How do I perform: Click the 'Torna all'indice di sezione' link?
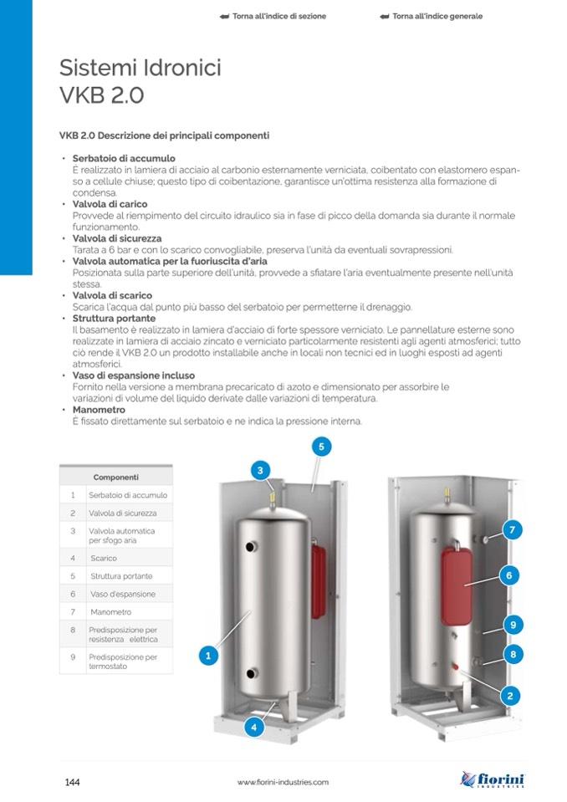pyautogui.click(x=273, y=16)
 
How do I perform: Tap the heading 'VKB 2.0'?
pyautogui.click(x=102, y=95)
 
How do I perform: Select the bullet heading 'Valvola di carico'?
pyautogui.click(x=110, y=204)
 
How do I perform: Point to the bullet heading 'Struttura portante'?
pyautogui.click(x=114, y=319)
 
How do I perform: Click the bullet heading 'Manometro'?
pyautogui.click(x=99, y=411)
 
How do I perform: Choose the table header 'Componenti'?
pyautogui.click(x=116, y=477)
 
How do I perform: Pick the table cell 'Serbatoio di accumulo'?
pyautogui.click(x=128, y=495)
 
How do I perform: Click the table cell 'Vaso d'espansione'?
pyautogui.click(x=122, y=594)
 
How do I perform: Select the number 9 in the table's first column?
pyautogui.click(x=73, y=657)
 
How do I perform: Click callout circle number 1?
pyautogui.click(x=209, y=656)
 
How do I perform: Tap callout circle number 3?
pyautogui.click(x=260, y=470)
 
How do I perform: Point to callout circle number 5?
pyautogui.click(x=320, y=447)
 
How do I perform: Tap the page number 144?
pyautogui.click(x=72, y=781)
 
